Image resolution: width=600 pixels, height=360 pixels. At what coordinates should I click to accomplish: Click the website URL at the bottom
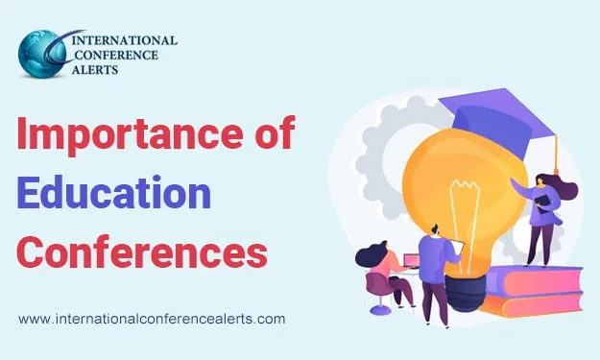pos(152,318)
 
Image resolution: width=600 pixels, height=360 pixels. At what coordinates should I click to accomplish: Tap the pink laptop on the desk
pos(410,261)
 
